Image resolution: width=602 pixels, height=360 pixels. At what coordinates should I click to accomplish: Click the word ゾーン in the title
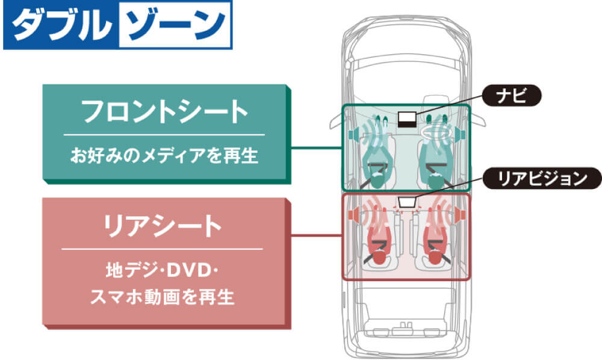point(175,25)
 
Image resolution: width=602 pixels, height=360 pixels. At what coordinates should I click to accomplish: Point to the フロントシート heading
point(164,111)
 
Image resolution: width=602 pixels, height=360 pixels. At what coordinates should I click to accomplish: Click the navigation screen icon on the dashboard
point(407,119)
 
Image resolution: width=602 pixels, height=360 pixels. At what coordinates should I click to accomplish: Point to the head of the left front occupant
point(378,176)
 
